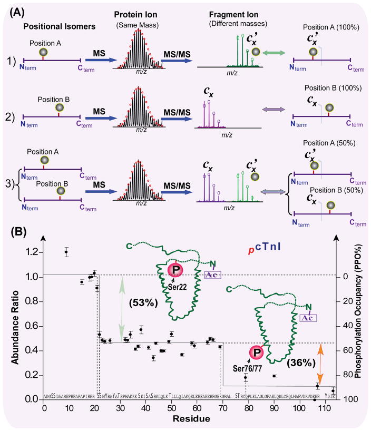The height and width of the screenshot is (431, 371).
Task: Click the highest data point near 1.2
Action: (66, 252)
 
